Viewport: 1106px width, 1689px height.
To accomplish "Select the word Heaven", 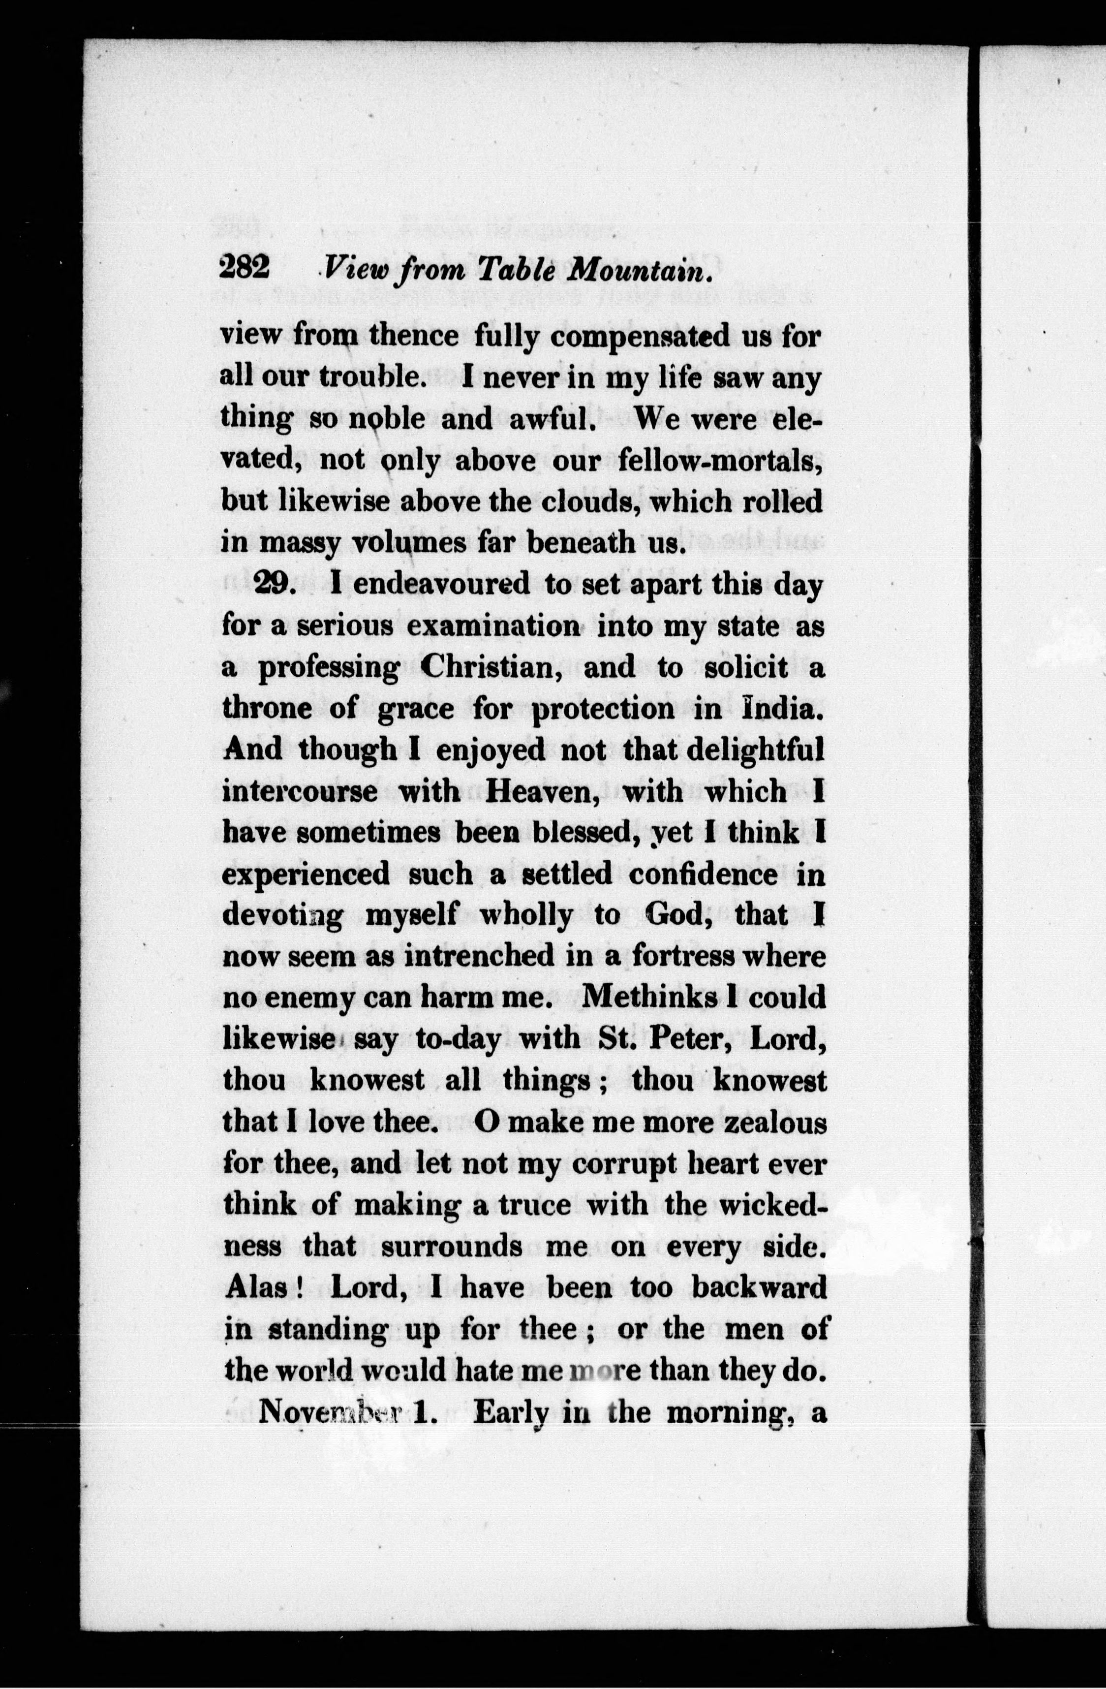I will point(543,790).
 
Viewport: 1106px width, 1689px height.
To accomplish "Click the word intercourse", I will point(300,790).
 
